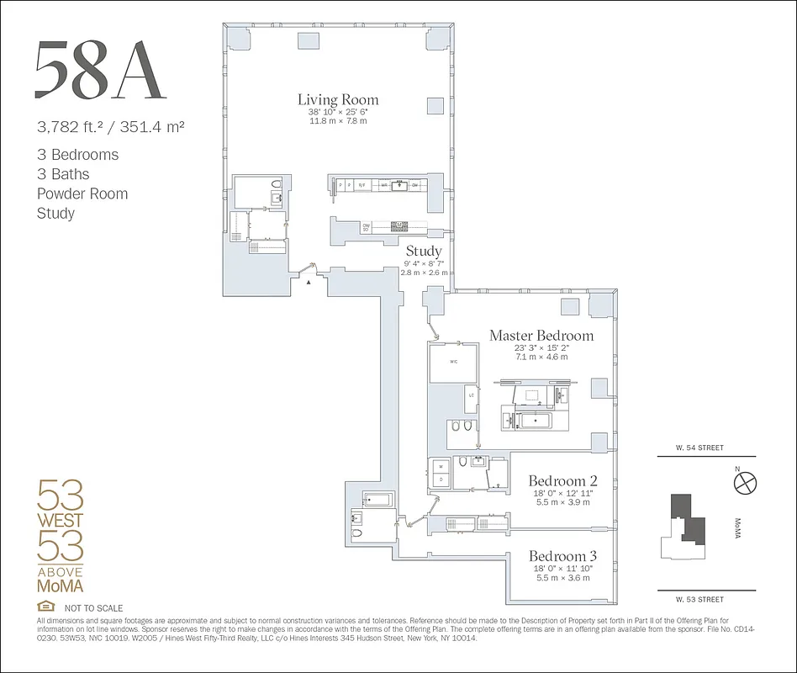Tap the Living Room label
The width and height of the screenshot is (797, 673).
[338, 99]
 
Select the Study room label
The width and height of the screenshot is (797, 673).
[424, 251]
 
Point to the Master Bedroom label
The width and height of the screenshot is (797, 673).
[541, 336]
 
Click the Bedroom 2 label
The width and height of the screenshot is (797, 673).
[562, 481]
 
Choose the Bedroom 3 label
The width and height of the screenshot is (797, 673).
[562, 556]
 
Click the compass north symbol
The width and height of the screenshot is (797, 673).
[745, 482]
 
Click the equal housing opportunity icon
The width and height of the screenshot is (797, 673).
[45, 607]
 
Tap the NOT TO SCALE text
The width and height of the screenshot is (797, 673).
[93, 607]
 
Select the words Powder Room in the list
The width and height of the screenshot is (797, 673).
[82, 193]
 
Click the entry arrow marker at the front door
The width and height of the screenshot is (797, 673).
[309, 284]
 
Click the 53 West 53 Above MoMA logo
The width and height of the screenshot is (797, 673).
[61, 535]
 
